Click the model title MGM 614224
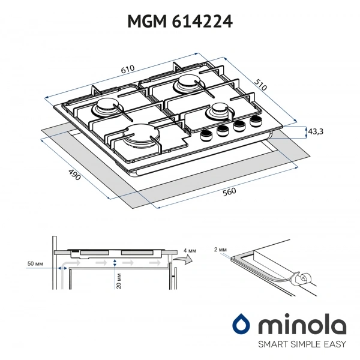(180, 22)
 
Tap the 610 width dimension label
(128, 69)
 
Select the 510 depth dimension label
(260, 85)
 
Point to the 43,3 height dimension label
(316, 131)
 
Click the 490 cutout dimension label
(74, 174)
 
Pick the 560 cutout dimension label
(229, 192)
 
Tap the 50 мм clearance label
(35, 263)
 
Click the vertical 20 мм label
(119, 281)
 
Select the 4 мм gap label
(190, 251)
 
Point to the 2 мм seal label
(220, 250)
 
